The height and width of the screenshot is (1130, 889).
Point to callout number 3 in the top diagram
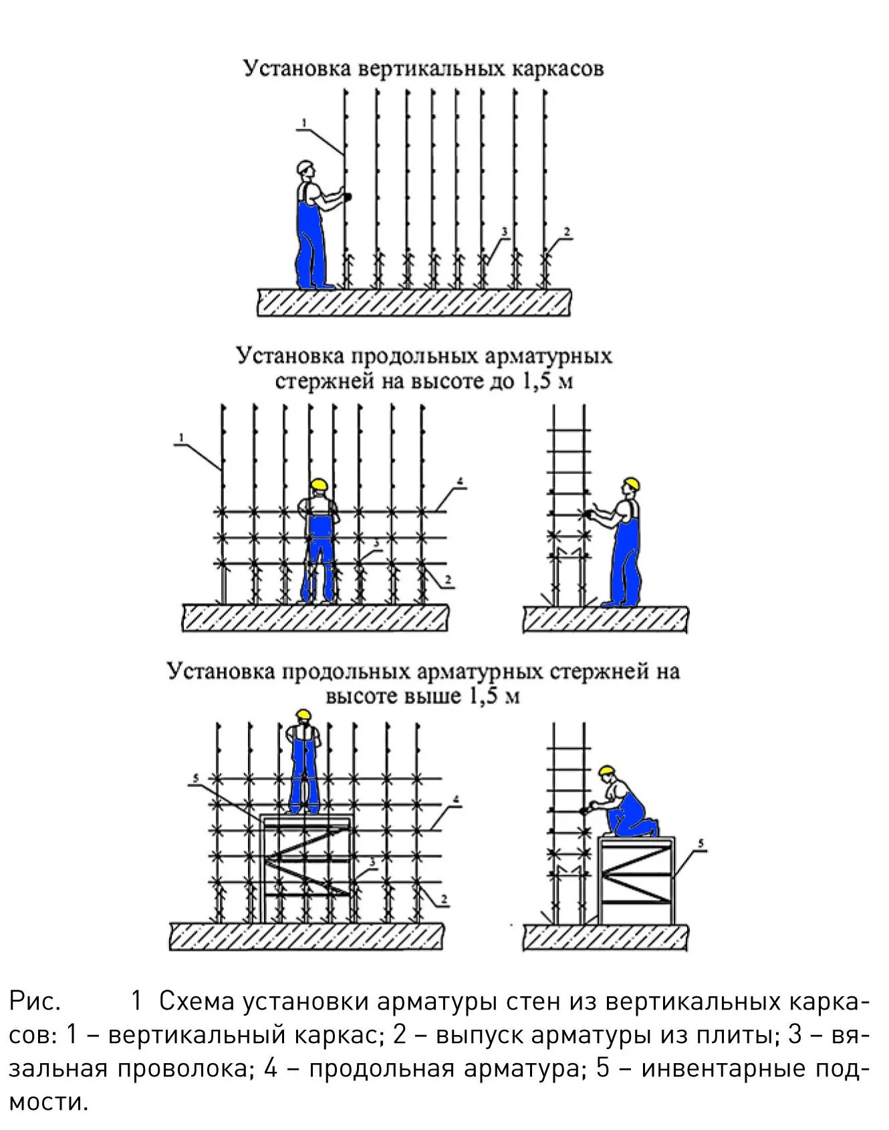[505, 232]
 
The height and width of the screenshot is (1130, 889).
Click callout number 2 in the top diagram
[567, 233]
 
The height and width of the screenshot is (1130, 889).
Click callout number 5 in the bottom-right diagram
[701, 844]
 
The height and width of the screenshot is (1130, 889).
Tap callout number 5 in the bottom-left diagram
[195, 777]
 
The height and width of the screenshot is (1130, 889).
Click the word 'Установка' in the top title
[296, 69]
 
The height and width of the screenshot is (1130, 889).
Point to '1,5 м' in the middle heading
[546, 382]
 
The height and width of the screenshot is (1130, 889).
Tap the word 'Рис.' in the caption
[35, 1002]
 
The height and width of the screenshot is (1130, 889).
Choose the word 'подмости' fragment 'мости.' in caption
[48, 1101]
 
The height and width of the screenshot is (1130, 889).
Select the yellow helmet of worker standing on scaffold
[304, 714]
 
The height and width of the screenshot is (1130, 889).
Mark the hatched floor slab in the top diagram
[414, 302]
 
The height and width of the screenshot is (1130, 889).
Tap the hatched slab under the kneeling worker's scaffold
[605, 937]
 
